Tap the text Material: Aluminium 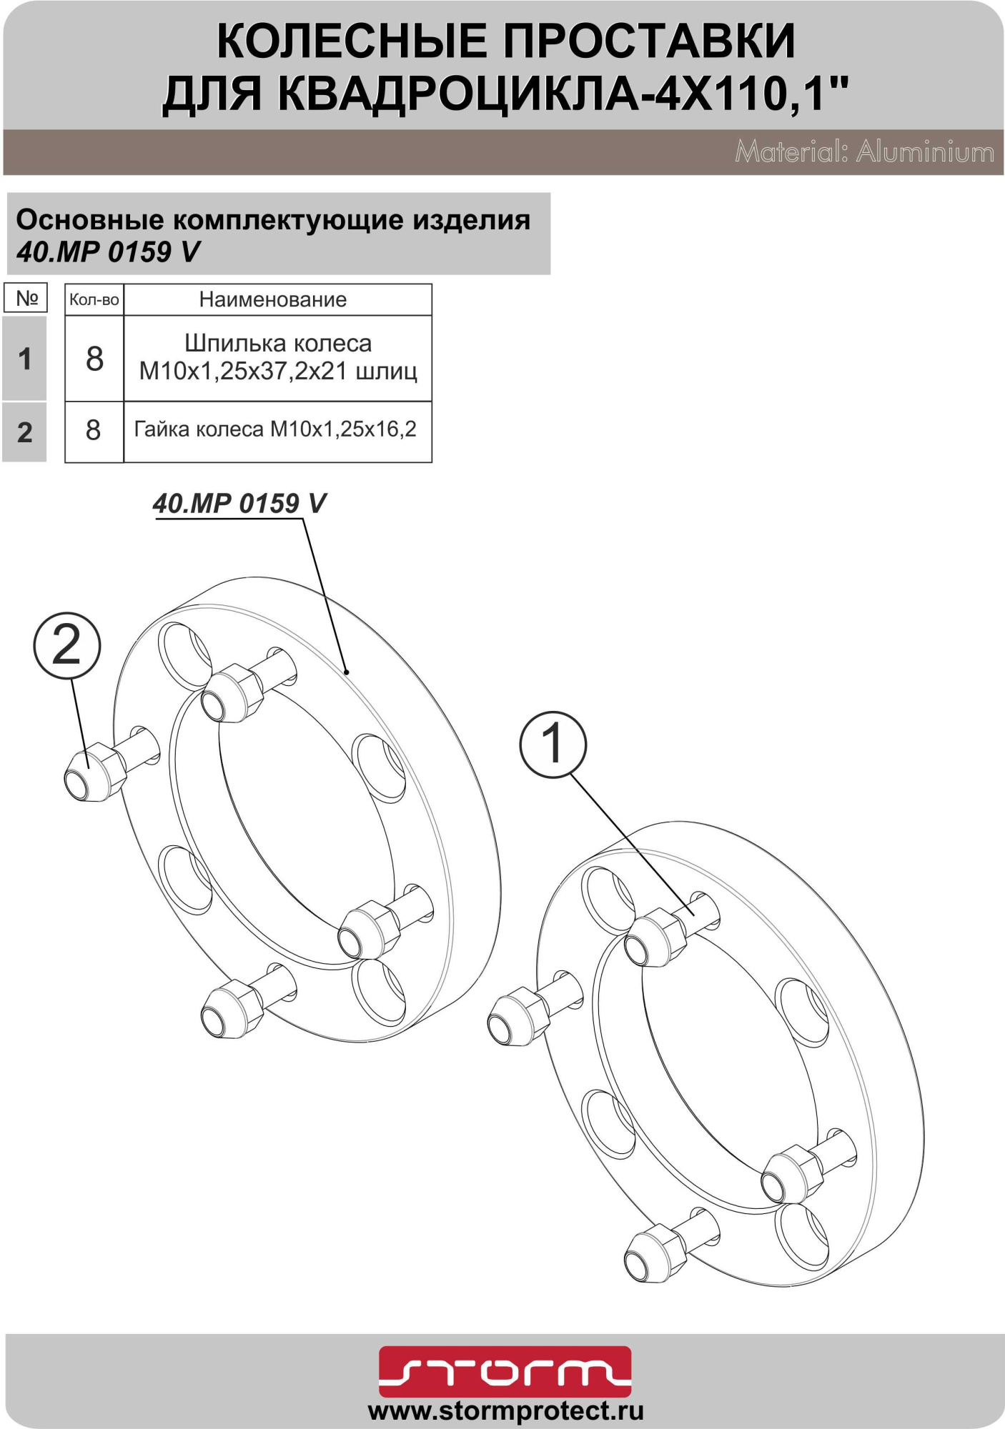(x=864, y=152)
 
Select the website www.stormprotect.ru (x=505, y=1411)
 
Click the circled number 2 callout (x=67, y=646)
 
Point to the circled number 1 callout (x=553, y=744)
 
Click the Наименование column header (x=273, y=299)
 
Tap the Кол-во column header (x=94, y=299)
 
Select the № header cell (x=26, y=298)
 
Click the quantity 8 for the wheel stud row (x=94, y=359)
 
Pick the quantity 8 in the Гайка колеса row (x=94, y=431)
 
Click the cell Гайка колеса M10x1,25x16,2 (x=275, y=429)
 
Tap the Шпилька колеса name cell (x=278, y=357)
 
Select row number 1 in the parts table (x=25, y=359)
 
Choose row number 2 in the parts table (x=25, y=432)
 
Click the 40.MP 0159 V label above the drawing (x=239, y=504)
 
